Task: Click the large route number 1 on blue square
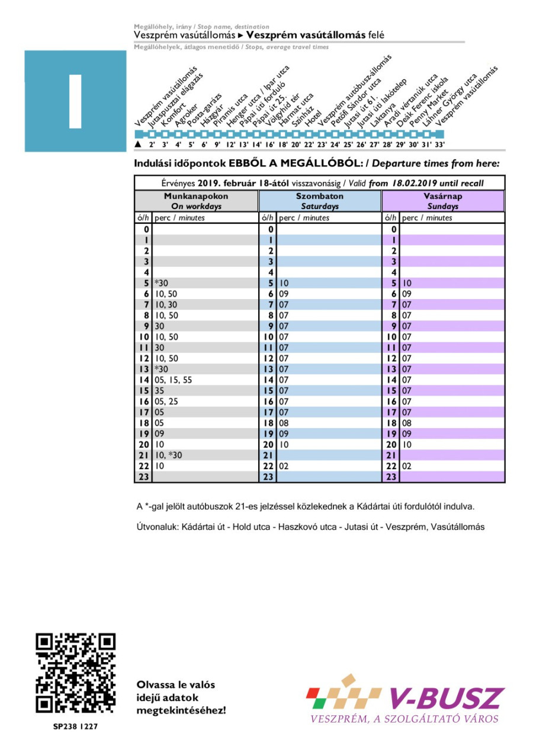coord(75,101)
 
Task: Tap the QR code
coord(75,673)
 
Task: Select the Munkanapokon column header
coord(196,201)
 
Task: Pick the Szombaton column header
coord(320,201)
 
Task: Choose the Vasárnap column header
coord(443,201)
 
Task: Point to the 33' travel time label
coord(439,144)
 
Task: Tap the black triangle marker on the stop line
coord(138,144)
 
